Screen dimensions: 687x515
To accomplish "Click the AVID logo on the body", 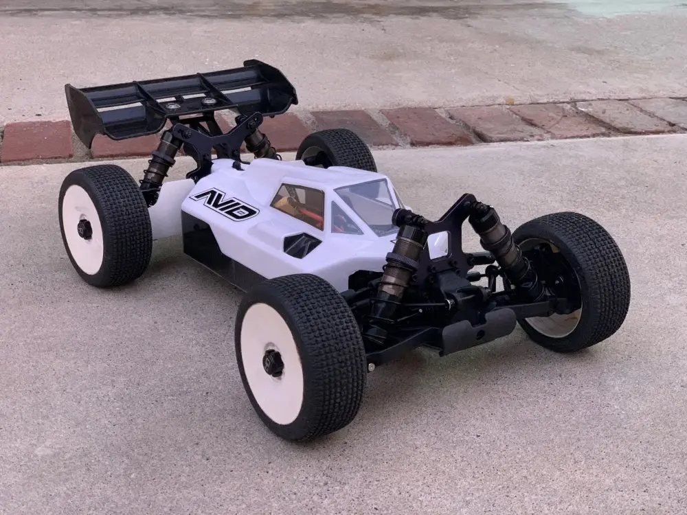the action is click(225, 205).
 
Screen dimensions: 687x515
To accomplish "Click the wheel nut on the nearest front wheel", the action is click(273, 363).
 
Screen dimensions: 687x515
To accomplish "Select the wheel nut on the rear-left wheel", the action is click(84, 229).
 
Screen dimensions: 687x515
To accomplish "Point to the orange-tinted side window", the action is click(298, 205).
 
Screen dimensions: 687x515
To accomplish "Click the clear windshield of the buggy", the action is click(368, 204).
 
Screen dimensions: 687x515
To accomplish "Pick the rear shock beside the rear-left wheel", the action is click(160, 164).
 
